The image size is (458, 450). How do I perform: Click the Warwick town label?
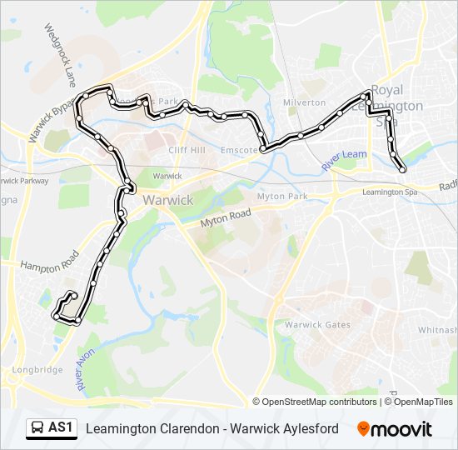[168, 200]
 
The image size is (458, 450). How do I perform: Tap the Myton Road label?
[227, 218]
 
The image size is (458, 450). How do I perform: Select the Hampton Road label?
[51, 262]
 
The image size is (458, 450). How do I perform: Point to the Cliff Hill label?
[187, 150]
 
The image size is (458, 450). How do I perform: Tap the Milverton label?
[304, 102]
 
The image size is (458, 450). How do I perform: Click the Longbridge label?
[37, 369]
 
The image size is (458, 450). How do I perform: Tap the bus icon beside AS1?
[37, 428]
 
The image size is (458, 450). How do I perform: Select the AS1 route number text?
[61, 428]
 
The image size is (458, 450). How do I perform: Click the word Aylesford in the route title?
[307, 428]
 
